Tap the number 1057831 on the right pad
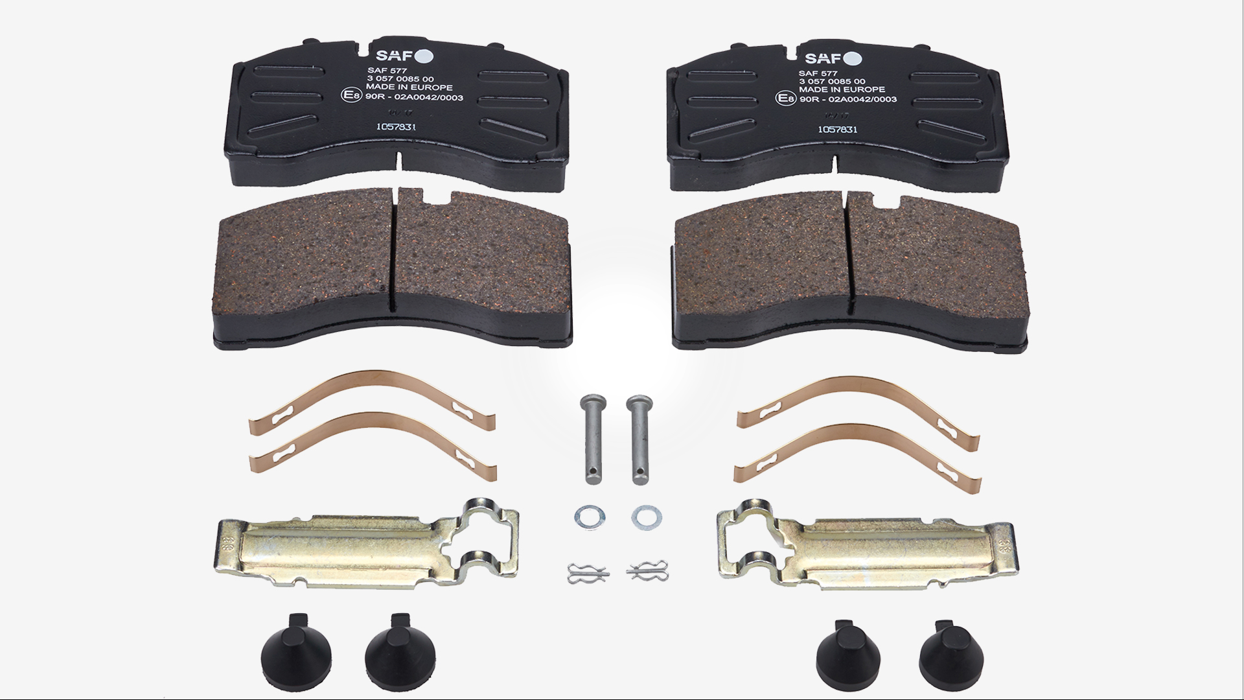(837, 129)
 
